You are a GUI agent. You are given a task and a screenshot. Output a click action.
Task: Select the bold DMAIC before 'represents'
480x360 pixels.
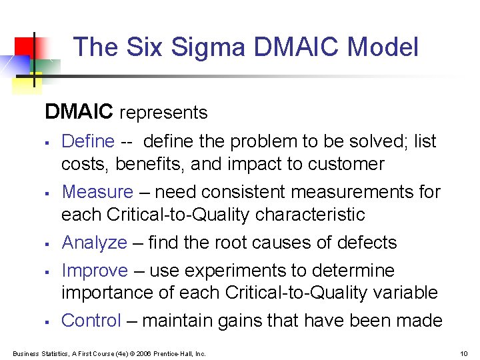pos(79,112)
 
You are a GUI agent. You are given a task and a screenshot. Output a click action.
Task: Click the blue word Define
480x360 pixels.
pos(88,141)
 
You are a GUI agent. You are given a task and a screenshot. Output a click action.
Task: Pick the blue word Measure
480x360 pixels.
pos(97,192)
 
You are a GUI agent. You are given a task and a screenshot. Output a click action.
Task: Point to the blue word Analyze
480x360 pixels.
pos(94,243)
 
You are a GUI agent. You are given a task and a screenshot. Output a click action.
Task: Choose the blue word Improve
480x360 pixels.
pos(95,271)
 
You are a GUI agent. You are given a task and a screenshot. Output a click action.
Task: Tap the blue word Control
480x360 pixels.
pos(91,321)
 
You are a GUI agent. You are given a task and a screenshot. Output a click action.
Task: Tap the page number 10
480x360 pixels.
pos(464,353)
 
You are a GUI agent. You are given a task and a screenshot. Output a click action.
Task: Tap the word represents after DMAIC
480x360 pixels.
pos(163,113)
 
